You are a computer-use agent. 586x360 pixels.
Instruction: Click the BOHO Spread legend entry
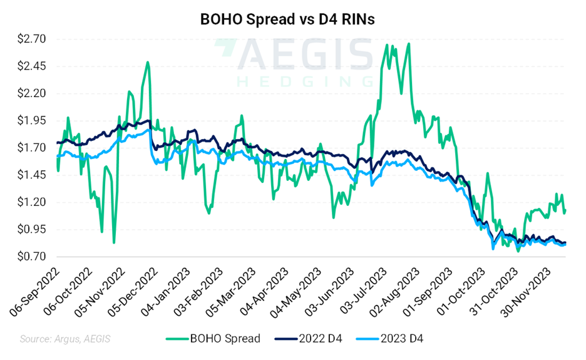213,339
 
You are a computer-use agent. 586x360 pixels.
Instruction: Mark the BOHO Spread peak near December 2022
148,62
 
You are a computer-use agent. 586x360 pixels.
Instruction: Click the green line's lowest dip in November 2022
113,243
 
